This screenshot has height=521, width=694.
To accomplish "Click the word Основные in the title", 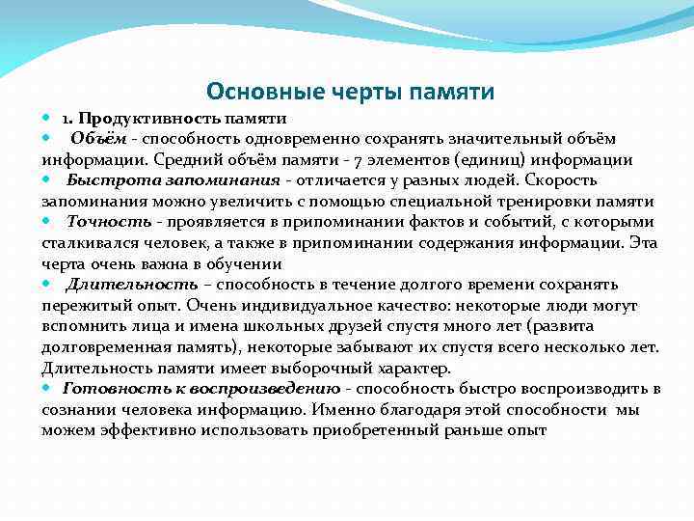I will [254, 92].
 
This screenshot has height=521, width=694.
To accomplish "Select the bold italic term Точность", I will [109, 222].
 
